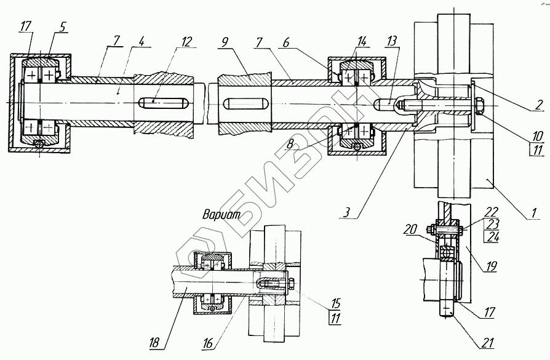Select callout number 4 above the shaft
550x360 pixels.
pyautogui.click(x=141, y=42)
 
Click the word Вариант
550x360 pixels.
pyautogui.click(x=220, y=216)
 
